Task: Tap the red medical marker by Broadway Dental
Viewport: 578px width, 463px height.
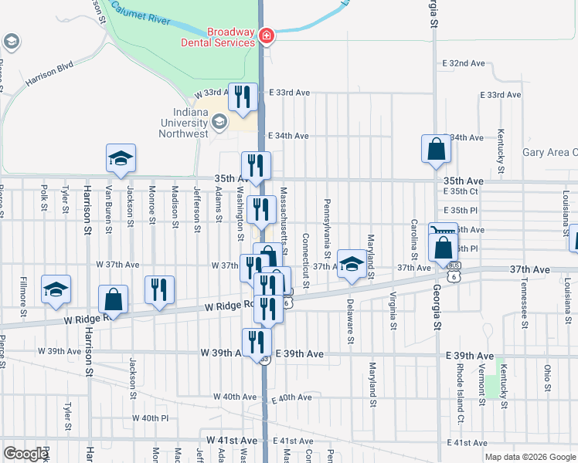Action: point(266,35)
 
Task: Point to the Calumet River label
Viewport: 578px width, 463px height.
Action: point(140,10)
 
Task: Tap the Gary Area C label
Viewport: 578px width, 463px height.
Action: point(549,153)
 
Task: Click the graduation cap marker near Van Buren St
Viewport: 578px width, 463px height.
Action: point(121,157)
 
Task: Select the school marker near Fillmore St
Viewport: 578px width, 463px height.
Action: point(56,289)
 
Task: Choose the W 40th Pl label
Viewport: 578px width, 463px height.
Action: point(150,418)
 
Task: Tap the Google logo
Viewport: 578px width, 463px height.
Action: point(25,454)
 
